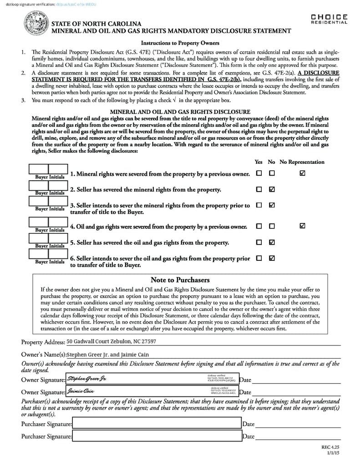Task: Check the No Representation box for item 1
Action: (303, 173)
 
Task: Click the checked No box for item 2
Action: (272, 189)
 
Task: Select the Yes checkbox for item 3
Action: (259, 205)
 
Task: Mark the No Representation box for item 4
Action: (303, 226)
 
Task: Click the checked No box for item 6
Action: (272, 258)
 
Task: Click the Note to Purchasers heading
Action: (180, 280)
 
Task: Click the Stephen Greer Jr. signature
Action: (86, 379)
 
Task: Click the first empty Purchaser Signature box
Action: (157, 424)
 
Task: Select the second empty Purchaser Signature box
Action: (157, 436)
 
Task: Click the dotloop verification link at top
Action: (77, 4)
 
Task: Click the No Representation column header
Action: (302, 162)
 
